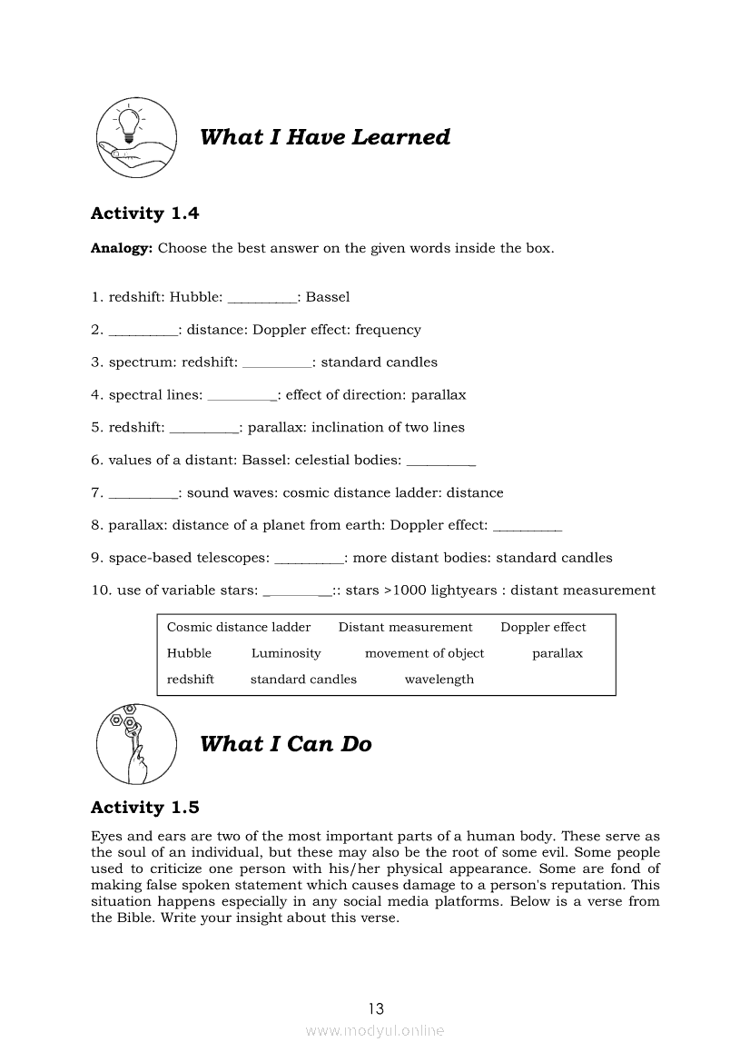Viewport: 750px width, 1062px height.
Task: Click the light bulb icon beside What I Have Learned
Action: [x=135, y=138]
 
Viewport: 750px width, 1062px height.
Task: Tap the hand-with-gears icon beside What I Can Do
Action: [x=135, y=743]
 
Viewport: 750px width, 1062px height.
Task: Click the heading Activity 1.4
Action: [x=144, y=213]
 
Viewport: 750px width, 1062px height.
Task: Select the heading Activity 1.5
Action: [x=144, y=808]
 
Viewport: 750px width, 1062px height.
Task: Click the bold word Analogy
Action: [x=121, y=248]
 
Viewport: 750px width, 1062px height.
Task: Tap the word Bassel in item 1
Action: [x=328, y=297]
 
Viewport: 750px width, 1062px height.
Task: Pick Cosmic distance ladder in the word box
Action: [x=239, y=628]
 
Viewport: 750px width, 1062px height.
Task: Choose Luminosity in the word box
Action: [x=286, y=654]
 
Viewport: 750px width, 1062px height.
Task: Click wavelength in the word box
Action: [x=439, y=680]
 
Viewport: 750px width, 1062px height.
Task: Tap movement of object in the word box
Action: [x=424, y=654]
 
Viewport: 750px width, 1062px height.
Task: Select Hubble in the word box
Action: [x=189, y=654]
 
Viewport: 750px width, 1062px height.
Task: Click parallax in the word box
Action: [x=558, y=654]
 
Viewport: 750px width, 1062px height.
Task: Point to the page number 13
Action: [x=376, y=1008]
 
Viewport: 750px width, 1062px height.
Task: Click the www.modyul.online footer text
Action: [x=375, y=1031]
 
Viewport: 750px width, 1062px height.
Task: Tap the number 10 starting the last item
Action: [x=100, y=591]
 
